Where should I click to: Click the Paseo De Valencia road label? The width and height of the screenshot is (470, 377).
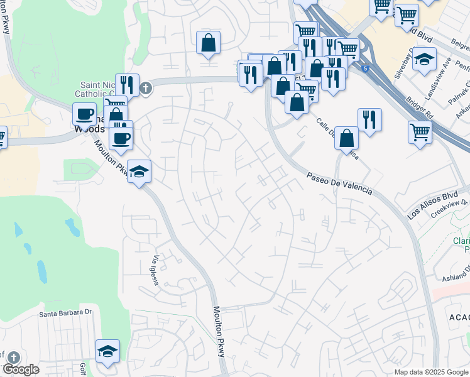340,183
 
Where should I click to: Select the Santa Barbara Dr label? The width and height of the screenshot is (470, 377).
66,314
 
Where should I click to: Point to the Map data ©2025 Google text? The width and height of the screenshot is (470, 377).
430,372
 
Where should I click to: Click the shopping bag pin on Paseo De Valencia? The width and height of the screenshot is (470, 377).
346,138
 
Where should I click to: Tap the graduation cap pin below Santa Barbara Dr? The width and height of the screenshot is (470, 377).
107,351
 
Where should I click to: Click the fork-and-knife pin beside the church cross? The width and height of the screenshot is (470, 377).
127,84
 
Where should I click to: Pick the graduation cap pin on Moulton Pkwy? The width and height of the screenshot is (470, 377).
139,170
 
